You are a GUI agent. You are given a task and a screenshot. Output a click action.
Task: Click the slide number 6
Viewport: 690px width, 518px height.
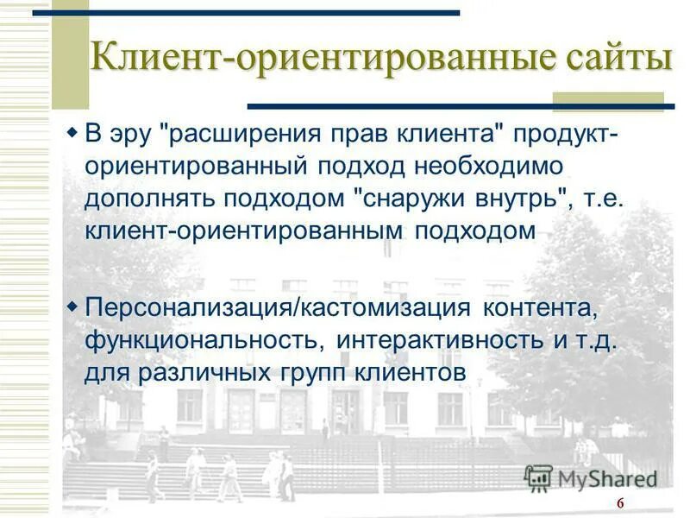[x=619, y=505]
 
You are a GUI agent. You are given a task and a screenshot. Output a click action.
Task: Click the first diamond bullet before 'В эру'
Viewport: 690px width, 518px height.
[x=72, y=135]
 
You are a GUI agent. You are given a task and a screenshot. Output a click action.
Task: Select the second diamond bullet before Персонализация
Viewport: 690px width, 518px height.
[x=72, y=306]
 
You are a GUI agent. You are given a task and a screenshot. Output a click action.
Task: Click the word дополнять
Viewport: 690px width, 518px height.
[x=150, y=199]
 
